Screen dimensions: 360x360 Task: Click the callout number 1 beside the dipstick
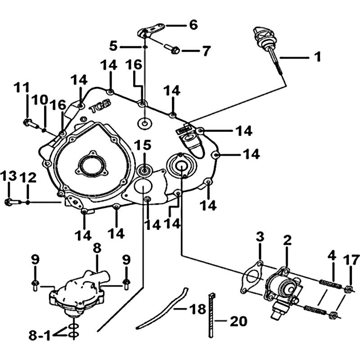[x=318, y=57]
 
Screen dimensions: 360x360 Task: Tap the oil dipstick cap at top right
[x=261, y=34]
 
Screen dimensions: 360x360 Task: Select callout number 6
[x=193, y=25]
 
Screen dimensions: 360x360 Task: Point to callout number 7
[x=205, y=50]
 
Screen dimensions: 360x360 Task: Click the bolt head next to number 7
[x=176, y=49]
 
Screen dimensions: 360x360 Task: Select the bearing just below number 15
[x=144, y=170]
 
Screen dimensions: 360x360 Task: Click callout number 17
[x=351, y=260]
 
